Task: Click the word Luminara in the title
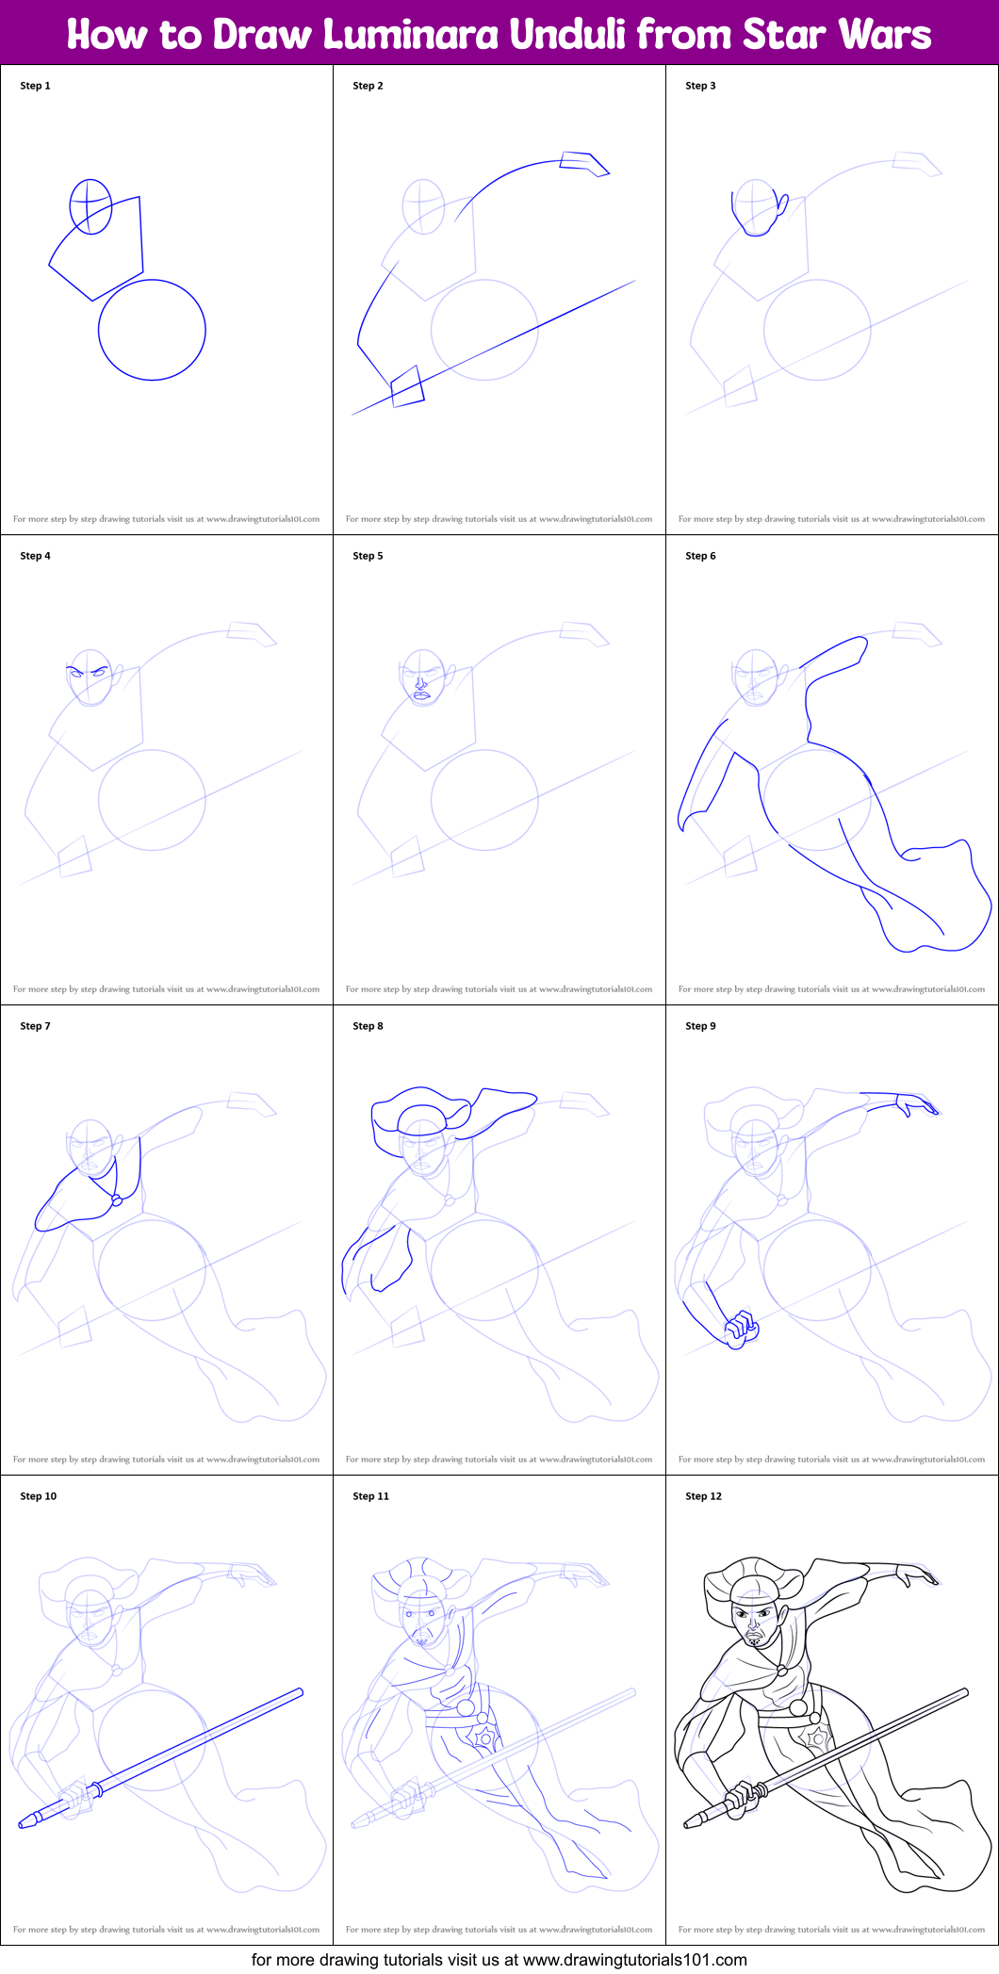[x=411, y=35]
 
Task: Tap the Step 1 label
[x=35, y=86]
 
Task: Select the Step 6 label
[x=700, y=556]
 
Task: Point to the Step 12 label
[x=703, y=1496]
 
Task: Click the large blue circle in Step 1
[x=152, y=330]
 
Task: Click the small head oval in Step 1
[x=90, y=206]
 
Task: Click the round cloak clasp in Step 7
[x=117, y=1200]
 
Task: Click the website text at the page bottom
[x=499, y=1960]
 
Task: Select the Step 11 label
[x=370, y=1496]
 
